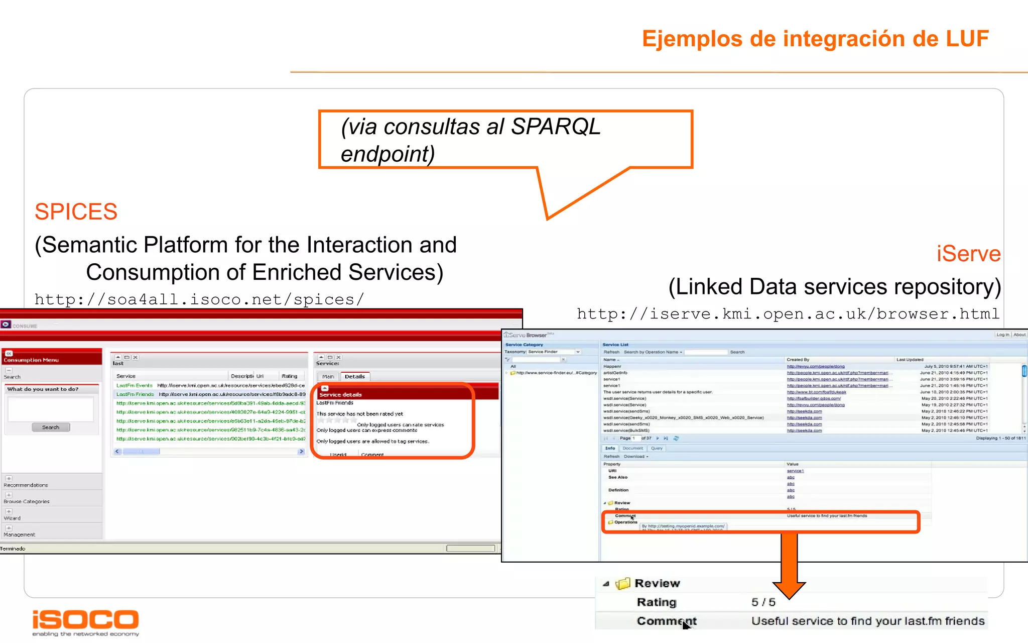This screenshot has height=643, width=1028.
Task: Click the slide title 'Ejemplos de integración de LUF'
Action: [x=815, y=39]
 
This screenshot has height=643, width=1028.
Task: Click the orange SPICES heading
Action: [x=76, y=211]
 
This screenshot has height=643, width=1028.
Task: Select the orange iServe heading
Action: [x=968, y=254]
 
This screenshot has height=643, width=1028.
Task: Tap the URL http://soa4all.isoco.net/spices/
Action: [x=199, y=299]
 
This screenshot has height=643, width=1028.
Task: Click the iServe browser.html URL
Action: [x=788, y=314]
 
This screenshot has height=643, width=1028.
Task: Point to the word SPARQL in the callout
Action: [x=556, y=127]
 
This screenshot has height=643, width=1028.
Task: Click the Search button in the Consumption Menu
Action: [x=51, y=427]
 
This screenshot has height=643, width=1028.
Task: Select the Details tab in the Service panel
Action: [x=355, y=376]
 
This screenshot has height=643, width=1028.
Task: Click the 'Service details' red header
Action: [x=341, y=394]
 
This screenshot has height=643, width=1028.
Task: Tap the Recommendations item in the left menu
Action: [x=26, y=485]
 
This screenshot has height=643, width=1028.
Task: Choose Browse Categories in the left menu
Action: [x=27, y=501]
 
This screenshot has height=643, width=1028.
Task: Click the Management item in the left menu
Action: [x=20, y=534]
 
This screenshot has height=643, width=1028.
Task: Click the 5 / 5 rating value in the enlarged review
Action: [x=763, y=602]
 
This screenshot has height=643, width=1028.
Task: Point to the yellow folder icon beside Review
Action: [x=623, y=583]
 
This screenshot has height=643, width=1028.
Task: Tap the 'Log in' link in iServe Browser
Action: [x=1002, y=335]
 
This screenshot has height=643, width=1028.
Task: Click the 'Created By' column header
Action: [x=798, y=360]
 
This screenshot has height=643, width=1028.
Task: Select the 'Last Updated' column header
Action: [x=910, y=360]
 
